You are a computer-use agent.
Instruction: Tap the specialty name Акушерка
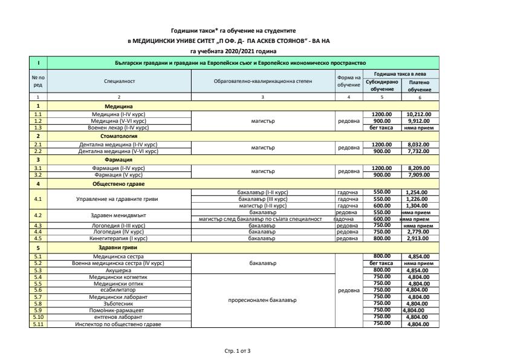[119, 270]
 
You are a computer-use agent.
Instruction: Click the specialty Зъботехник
[119, 304]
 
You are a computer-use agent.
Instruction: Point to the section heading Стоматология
[119, 137]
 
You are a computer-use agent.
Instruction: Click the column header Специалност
[119, 81]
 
